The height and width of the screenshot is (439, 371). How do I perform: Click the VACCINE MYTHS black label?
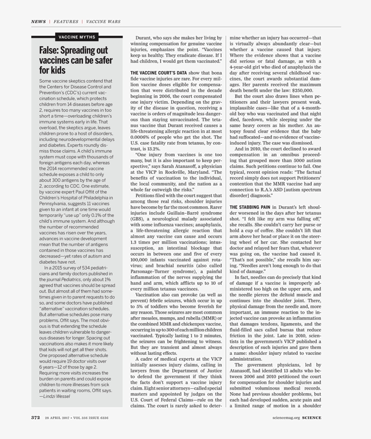[77, 37]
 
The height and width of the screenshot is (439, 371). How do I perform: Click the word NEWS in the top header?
[38, 21]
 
